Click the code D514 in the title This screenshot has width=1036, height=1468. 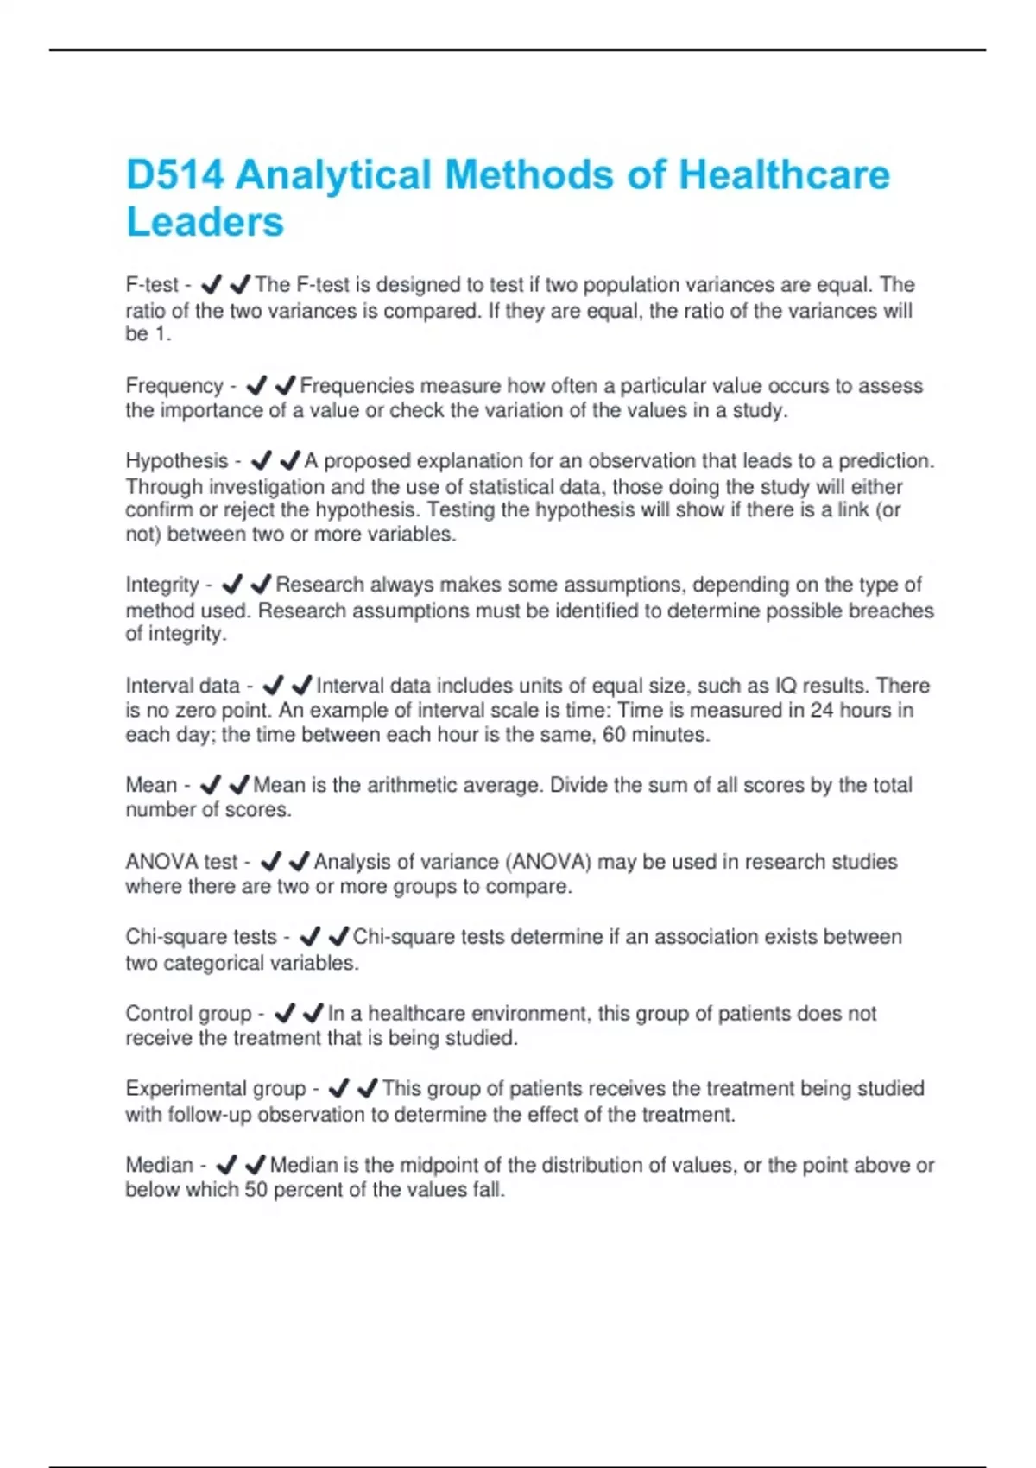coord(175,175)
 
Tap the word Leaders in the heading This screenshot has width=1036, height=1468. coord(205,222)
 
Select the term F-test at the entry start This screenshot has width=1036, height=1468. coord(152,285)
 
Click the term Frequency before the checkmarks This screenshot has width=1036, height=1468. coord(174,386)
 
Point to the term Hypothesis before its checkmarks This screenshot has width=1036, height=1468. coord(177,461)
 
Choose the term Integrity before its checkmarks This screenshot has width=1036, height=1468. coord(162,585)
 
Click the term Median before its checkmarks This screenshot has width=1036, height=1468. coord(160,1165)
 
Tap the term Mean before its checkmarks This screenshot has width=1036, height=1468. coord(151,785)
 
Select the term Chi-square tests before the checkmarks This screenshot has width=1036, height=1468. coord(201,937)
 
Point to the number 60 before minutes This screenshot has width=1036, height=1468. coord(614,735)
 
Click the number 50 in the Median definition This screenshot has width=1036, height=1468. coord(256,1190)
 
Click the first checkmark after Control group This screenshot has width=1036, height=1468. coord(284,1013)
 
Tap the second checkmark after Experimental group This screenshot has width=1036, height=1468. coord(368,1088)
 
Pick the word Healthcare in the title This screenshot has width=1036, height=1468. coord(784,175)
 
